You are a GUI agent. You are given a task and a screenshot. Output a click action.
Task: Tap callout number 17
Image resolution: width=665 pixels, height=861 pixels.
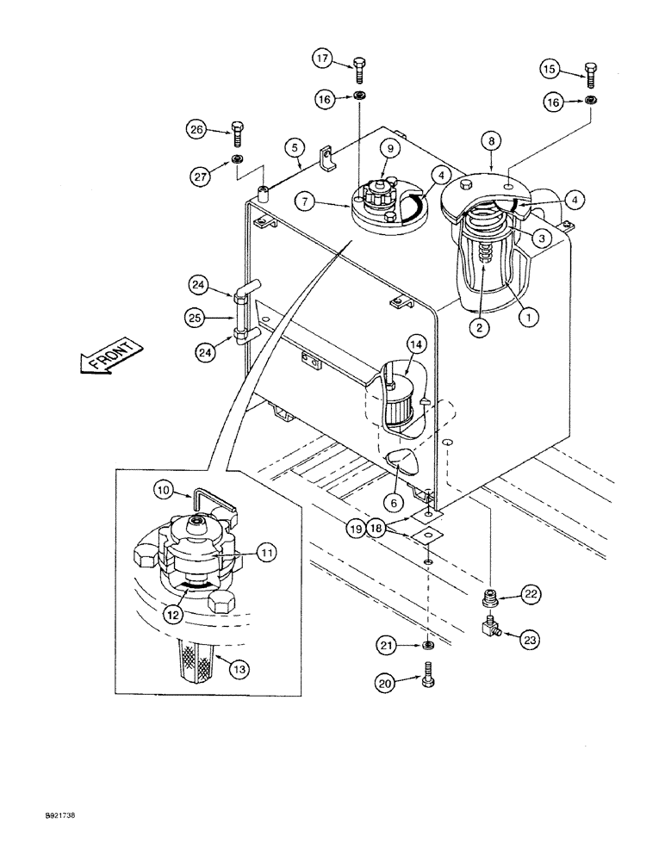pyautogui.click(x=322, y=59)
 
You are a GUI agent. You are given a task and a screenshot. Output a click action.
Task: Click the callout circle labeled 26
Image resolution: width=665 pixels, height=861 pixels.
pyautogui.click(x=197, y=131)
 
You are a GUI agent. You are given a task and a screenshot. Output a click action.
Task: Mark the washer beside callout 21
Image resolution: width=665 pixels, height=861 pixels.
pyautogui.click(x=428, y=645)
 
